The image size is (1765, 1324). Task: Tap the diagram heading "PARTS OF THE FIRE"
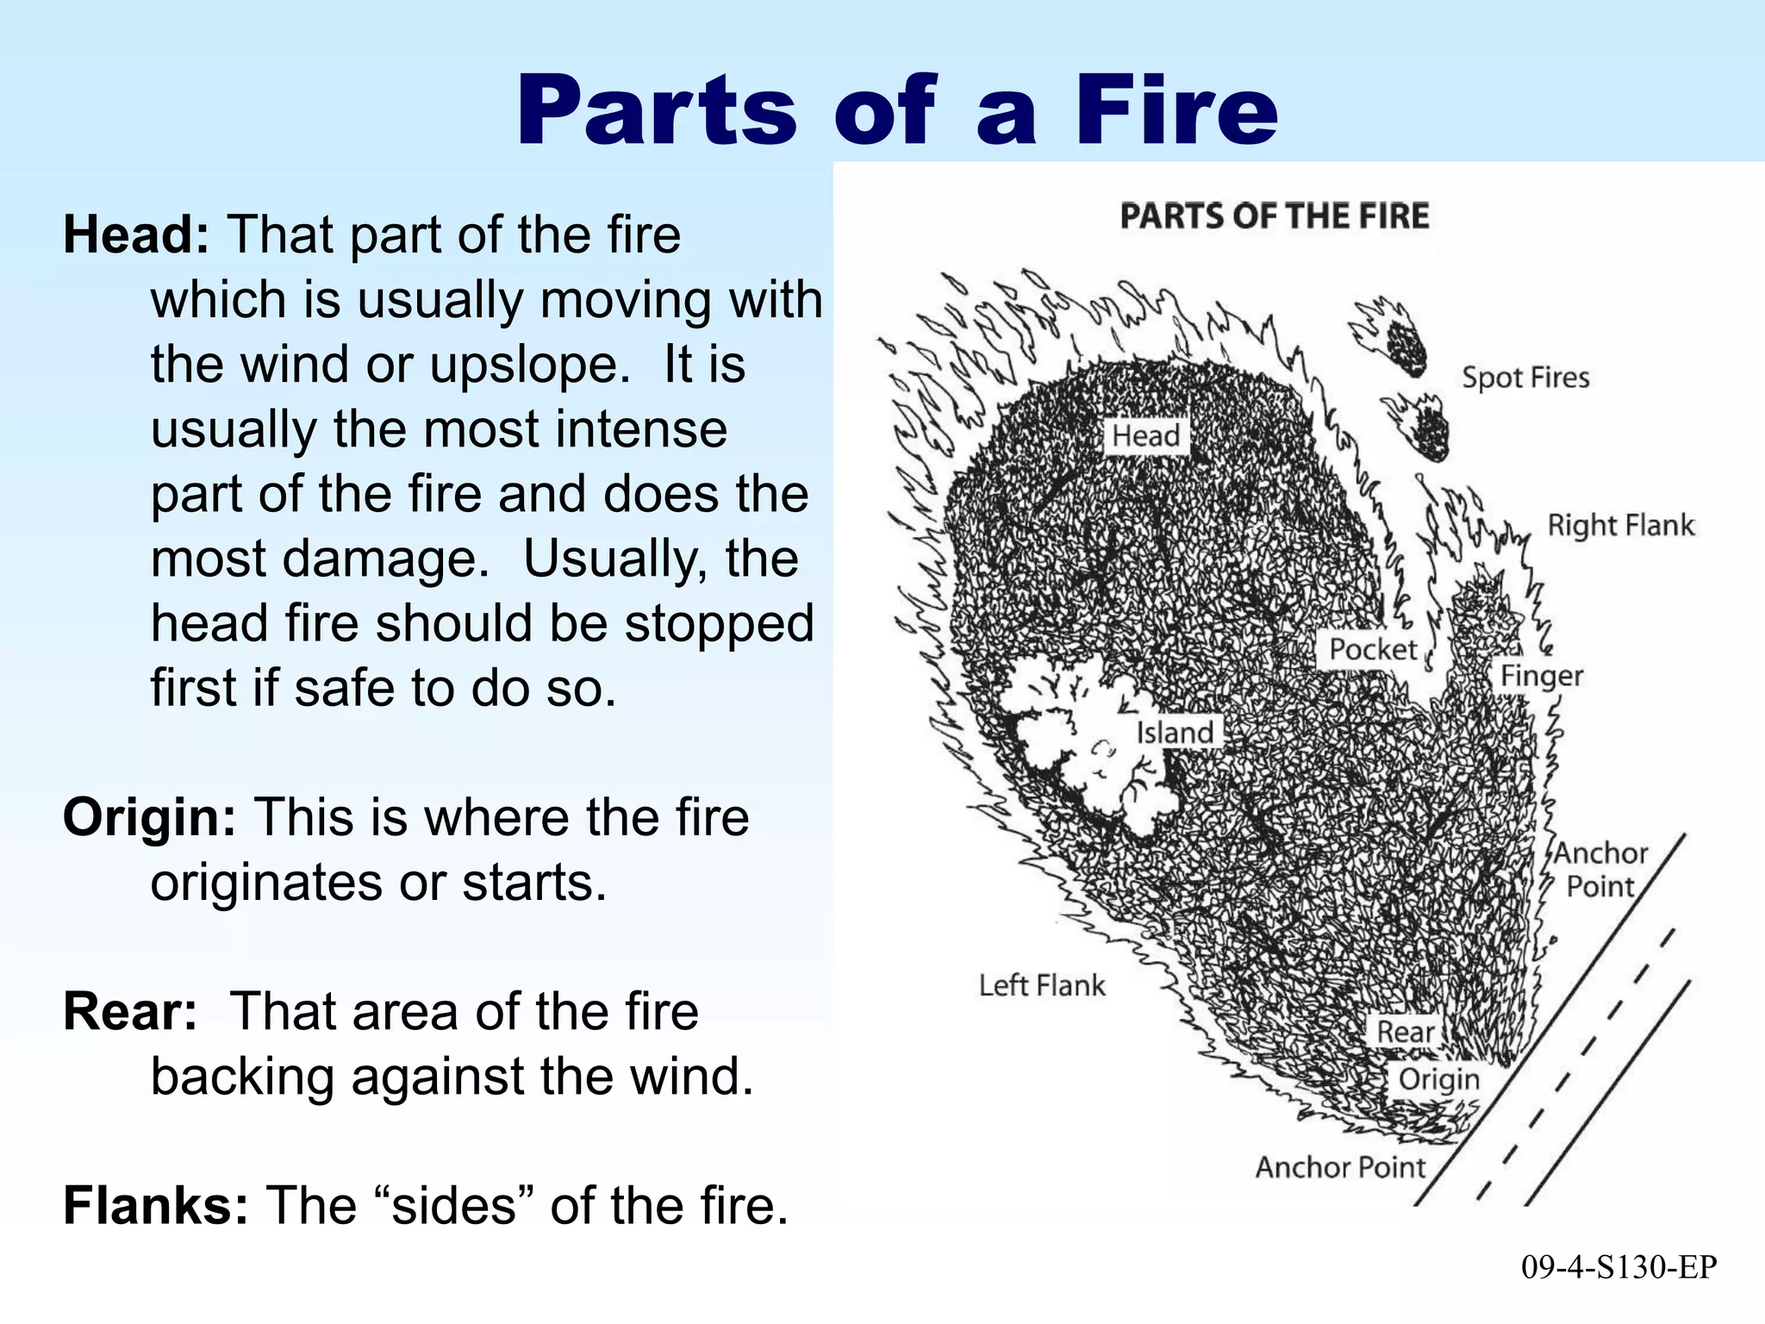[1274, 215]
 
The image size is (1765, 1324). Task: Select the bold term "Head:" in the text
[136, 234]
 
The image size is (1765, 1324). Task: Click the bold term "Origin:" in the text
[149, 817]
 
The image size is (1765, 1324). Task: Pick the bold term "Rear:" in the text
[130, 1011]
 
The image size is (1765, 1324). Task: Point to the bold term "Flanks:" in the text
[156, 1205]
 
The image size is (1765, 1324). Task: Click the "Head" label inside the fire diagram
[1145, 436]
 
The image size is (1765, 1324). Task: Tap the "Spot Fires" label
[1525, 378]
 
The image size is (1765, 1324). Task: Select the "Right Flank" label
[1620, 525]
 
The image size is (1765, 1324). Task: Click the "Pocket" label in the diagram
[1372, 649]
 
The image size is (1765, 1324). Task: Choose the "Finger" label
[1542, 676]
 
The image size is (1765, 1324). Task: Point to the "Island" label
[1175, 733]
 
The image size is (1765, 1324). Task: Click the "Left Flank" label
[1041, 985]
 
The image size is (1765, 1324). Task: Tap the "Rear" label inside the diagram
[1405, 1031]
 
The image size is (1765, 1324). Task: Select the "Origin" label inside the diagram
[1438, 1079]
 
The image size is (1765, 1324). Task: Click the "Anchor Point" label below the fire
[1340, 1167]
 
